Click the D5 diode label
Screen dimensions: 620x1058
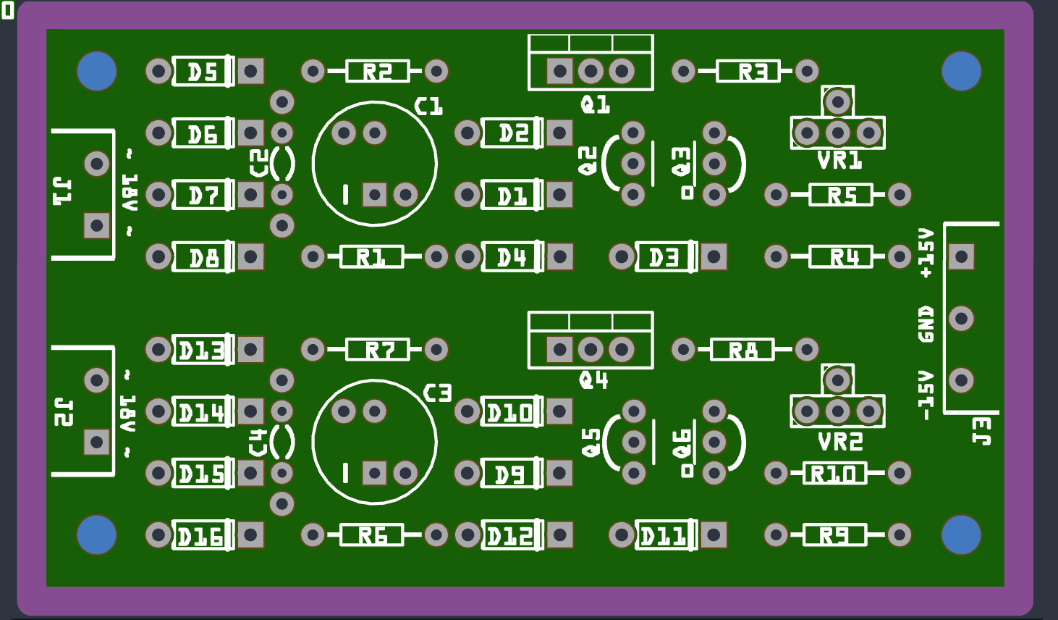tap(202, 72)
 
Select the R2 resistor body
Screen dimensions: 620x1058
tap(377, 71)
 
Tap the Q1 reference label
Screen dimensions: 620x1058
tap(595, 105)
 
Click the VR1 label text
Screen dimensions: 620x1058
tap(839, 160)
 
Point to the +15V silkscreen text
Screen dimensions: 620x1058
tap(926, 253)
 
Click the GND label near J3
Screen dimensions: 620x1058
tap(926, 324)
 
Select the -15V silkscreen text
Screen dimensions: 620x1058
tap(926, 395)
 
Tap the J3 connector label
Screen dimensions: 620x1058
tap(982, 430)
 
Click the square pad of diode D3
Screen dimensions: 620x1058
tap(714, 256)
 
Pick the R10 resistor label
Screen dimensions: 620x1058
tap(834, 474)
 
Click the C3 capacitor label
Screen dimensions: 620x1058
tap(437, 393)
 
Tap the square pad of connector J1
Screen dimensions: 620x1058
tap(97, 225)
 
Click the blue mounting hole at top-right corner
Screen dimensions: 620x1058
tap(961, 71)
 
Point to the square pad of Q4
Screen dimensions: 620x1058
tap(559, 350)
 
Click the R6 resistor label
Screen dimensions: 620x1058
tap(373, 536)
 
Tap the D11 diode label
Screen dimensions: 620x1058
tap(663, 537)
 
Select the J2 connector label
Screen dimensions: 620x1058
tap(64, 411)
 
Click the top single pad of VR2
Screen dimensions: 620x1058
tap(838, 380)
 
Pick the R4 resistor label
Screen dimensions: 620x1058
tap(844, 257)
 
